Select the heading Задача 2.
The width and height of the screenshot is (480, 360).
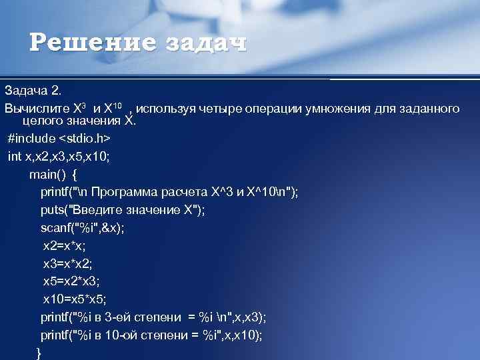33,89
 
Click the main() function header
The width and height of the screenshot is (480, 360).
53,175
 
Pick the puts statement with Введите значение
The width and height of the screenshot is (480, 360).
123,209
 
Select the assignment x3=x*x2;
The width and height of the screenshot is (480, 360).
67,263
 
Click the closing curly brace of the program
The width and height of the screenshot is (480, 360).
38,353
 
